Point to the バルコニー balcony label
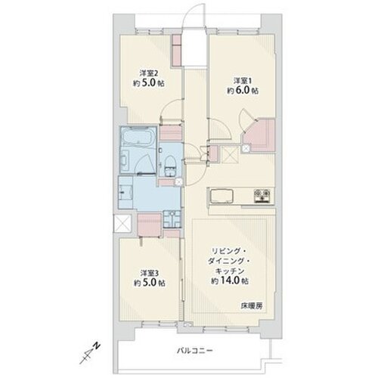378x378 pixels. point(195,351)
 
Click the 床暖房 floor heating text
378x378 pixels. point(252,306)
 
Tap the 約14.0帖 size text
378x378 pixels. point(230,280)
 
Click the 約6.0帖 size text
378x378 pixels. point(243,91)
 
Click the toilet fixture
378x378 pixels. point(169,164)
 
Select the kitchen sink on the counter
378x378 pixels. point(222,196)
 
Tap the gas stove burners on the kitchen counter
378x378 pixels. point(262,195)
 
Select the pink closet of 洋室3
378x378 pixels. point(150,225)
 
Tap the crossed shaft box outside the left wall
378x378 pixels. point(122,224)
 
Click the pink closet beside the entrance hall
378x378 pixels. point(178,50)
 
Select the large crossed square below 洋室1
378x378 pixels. point(230,154)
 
